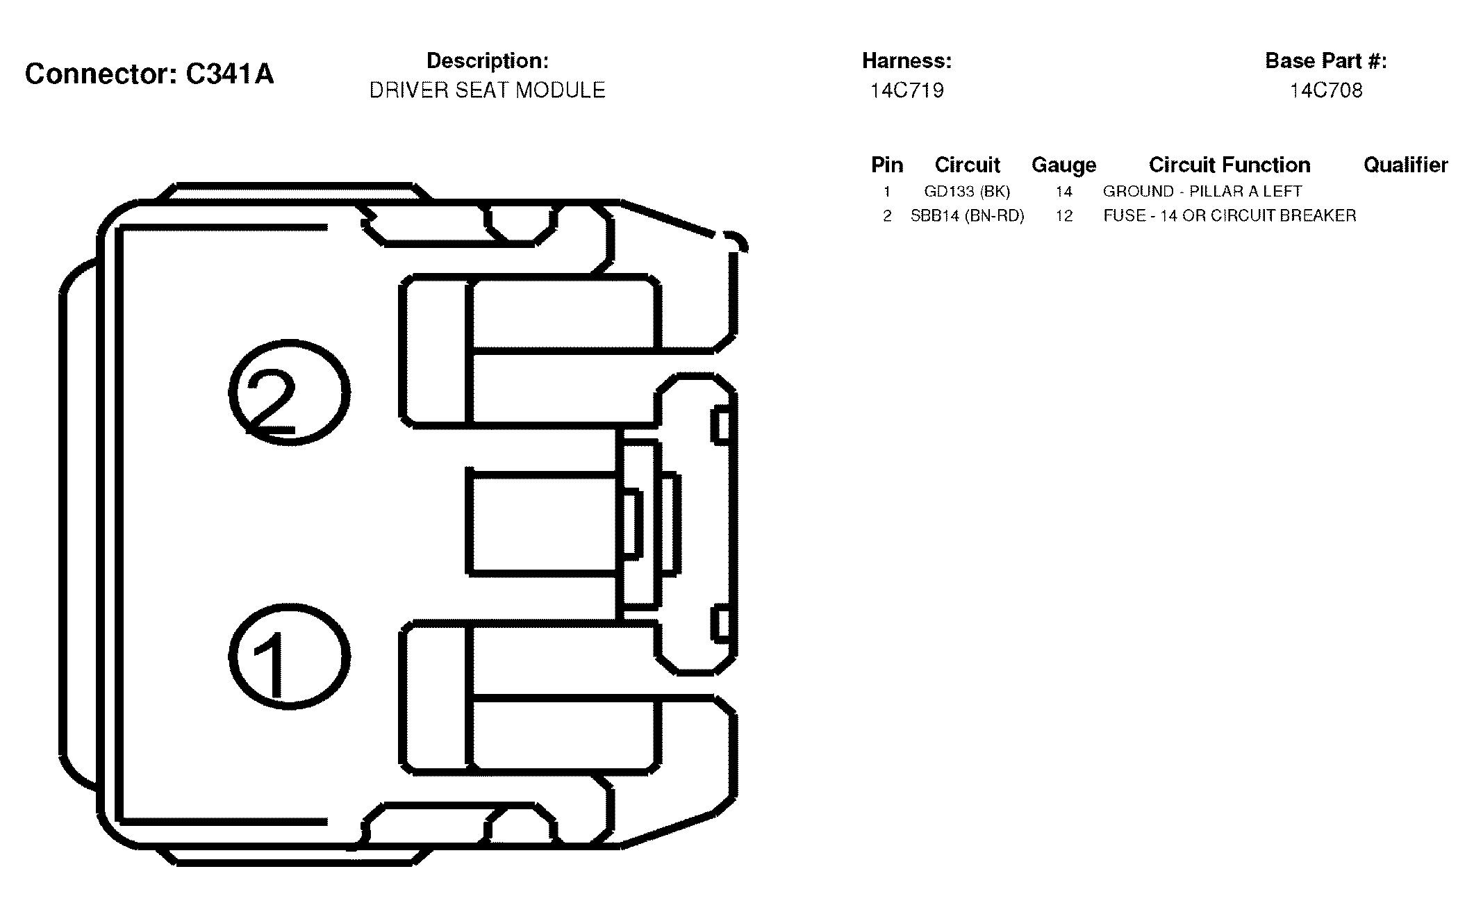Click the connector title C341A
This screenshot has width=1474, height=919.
(229, 74)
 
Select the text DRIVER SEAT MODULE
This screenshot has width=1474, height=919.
(487, 90)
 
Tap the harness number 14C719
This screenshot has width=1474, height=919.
(907, 90)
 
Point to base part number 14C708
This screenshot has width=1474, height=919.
(1326, 90)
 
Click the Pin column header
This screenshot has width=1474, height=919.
(887, 165)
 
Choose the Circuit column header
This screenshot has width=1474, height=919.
(967, 165)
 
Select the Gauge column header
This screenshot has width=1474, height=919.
(1063, 165)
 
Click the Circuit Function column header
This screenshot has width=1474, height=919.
(1229, 165)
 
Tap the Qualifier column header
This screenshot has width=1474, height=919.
(1405, 165)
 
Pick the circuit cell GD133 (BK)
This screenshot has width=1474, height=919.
(967, 192)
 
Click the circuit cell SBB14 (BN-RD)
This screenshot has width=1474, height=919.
(967, 216)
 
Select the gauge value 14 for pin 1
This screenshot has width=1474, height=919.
(1063, 192)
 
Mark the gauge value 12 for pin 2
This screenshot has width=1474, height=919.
(1063, 216)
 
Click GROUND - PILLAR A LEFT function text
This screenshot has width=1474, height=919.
(1202, 191)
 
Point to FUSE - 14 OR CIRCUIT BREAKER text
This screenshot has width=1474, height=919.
(1229, 215)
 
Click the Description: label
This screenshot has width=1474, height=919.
(487, 61)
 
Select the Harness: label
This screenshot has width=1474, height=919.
(906, 61)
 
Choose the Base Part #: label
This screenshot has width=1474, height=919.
(1326, 61)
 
